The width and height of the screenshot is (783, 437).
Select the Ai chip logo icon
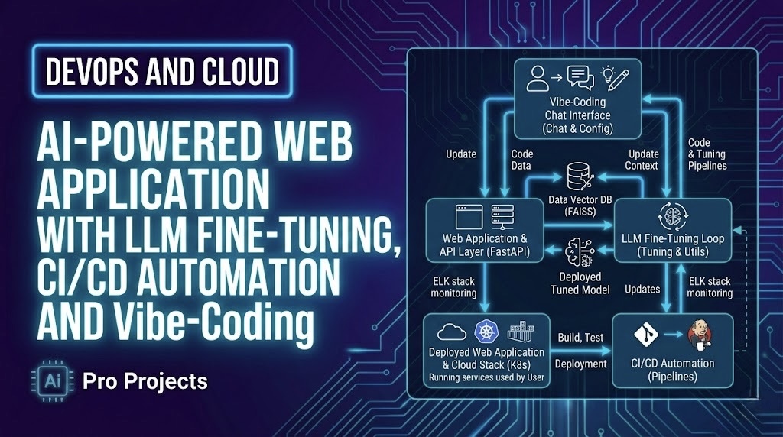54,380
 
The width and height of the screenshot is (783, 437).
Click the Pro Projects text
145,380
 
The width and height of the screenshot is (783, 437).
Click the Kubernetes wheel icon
486,332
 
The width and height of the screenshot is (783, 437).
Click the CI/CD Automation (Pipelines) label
672,370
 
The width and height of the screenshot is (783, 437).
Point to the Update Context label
642,160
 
